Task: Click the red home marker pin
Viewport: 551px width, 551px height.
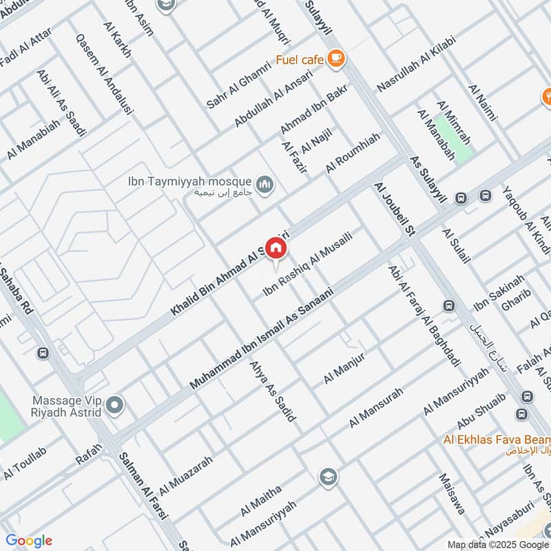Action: [276, 248]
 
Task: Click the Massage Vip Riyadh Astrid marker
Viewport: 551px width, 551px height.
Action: [115, 406]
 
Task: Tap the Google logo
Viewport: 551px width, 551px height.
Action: [28, 540]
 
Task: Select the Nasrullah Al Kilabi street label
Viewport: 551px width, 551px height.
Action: [417, 71]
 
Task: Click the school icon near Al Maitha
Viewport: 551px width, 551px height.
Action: [327, 477]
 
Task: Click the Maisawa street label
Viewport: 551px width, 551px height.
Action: [451, 494]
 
